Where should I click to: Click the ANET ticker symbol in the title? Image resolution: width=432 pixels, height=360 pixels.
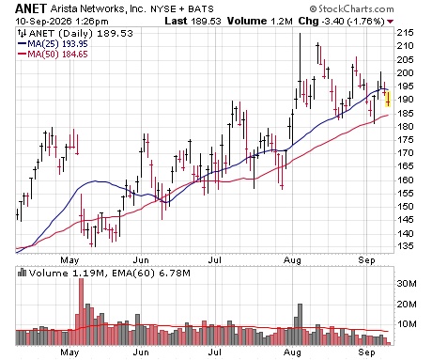point(31,8)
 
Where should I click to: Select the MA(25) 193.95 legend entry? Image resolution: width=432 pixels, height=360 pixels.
point(53,44)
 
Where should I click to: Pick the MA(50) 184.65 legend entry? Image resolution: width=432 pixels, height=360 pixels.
point(53,55)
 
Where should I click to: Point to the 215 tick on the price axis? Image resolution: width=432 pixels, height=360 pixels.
point(405,33)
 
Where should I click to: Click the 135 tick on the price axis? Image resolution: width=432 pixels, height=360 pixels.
point(405,246)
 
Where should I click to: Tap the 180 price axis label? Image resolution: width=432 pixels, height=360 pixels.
point(405,127)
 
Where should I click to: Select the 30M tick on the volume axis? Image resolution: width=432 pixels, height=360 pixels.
point(407,284)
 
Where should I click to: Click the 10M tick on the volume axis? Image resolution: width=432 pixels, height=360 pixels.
point(407,323)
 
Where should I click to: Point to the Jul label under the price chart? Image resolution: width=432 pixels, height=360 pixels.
point(215,260)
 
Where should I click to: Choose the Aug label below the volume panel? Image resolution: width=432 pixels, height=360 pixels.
point(292,352)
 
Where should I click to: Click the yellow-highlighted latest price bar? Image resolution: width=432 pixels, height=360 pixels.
point(388,99)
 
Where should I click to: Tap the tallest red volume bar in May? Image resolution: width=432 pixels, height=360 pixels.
point(81,311)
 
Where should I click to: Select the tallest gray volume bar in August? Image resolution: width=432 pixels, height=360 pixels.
point(300,324)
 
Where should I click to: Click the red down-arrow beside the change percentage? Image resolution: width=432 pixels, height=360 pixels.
point(390,22)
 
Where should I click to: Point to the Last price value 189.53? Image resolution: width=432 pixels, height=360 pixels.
point(206,22)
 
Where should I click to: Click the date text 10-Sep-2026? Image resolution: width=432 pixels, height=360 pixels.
point(41,22)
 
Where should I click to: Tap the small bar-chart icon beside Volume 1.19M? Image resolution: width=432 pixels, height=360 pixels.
point(22,273)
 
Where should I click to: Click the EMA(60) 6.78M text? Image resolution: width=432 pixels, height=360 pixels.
point(151,274)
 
